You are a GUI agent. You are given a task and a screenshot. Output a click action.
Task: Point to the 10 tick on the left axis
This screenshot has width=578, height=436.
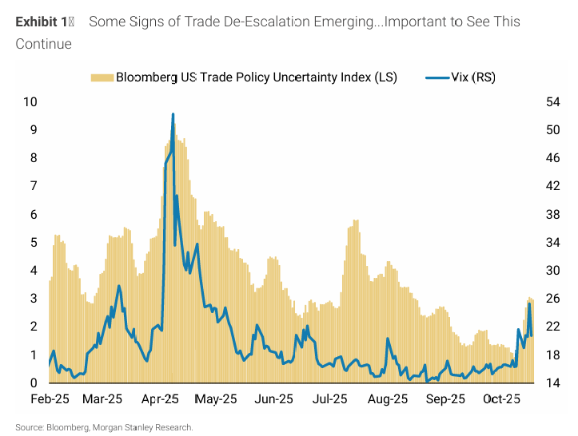[31, 102]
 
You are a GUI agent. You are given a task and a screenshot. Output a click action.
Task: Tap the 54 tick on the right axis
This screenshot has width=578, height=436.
[551, 102]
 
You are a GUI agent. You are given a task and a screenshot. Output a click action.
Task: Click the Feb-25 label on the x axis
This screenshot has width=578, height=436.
[49, 398]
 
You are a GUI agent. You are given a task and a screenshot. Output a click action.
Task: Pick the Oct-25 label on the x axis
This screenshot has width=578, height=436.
[503, 398]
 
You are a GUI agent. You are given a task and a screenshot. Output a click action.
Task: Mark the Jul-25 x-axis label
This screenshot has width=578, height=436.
[329, 398]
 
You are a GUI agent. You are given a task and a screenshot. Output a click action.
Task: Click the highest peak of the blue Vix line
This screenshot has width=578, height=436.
[173, 114]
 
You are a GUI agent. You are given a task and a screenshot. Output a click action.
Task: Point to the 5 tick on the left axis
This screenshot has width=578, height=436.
[34, 243]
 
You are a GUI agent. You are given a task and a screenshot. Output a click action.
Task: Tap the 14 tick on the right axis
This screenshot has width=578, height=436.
[551, 383]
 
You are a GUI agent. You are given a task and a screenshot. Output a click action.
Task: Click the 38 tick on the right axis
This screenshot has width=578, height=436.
[551, 214]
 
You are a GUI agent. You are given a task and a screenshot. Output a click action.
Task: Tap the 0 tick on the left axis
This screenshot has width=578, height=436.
[34, 383]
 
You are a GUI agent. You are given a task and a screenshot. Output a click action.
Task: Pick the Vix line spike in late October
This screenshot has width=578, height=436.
[529, 304]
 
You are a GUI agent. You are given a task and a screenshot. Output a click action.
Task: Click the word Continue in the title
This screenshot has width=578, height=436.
[43, 43]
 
